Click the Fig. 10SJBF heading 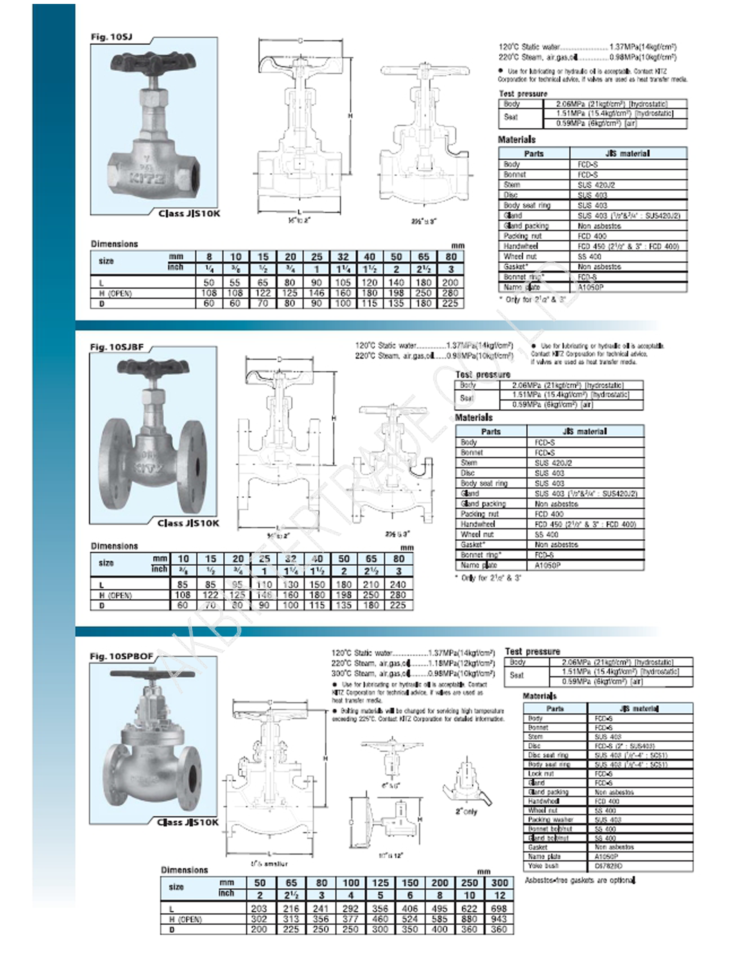click(x=117, y=347)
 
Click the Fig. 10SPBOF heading click(x=121, y=656)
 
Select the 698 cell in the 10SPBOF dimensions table click(x=499, y=908)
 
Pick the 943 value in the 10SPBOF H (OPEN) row click(x=499, y=918)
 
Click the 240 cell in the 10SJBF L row click(x=398, y=584)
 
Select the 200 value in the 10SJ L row click(x=450, y=283)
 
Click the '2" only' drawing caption click(x=466, y=811)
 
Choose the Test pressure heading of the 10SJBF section click(x=483, y=374)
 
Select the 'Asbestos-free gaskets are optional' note click(x=580, y=880)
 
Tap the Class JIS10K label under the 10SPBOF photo click(x=188, y=822)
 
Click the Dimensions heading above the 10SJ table click(x=114, y=244)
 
